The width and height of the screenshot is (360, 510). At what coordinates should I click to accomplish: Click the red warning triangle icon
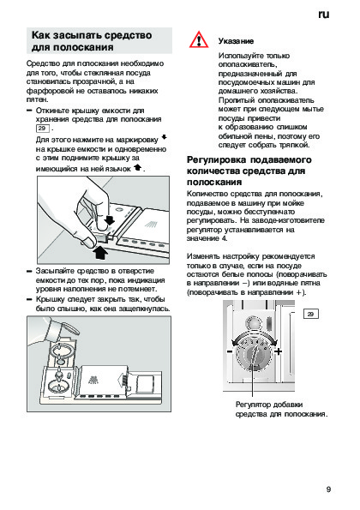point(199,40)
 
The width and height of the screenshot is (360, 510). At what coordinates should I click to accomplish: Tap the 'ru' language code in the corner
point(324,15)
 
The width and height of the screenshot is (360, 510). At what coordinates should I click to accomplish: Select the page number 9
point(328,489)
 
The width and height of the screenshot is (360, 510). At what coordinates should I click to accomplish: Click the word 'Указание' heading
point(236,41)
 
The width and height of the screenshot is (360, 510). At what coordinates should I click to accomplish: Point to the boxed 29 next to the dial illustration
point(310,314)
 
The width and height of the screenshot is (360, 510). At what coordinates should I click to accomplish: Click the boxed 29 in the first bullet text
point(43,129)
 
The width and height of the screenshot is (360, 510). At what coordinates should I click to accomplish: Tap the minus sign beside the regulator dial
point(230,351)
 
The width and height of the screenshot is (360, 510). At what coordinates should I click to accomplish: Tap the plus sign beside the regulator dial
point(278,351)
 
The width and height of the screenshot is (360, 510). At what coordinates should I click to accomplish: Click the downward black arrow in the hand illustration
point(110,220)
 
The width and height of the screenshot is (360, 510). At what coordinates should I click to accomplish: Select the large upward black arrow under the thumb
point(100,252)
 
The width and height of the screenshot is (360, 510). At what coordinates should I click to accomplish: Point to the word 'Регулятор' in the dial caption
point(254,405)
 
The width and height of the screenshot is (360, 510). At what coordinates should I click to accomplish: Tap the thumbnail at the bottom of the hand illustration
point(87,242)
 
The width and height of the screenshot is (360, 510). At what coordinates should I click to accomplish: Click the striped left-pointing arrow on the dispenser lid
point(123,380)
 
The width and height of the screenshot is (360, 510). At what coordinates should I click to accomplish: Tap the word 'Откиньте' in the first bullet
point(52,111)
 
